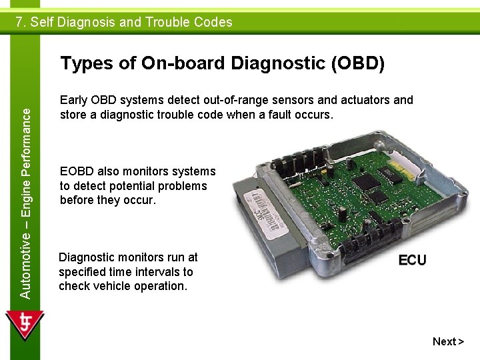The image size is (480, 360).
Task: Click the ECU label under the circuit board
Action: (x=412, y=260)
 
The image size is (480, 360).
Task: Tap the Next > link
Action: (x=447, y=341)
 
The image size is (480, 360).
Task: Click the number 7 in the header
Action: (x=20, y=22)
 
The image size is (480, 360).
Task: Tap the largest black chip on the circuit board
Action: (x=365, y=183)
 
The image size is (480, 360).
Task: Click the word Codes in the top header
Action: (x=213, y=22)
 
